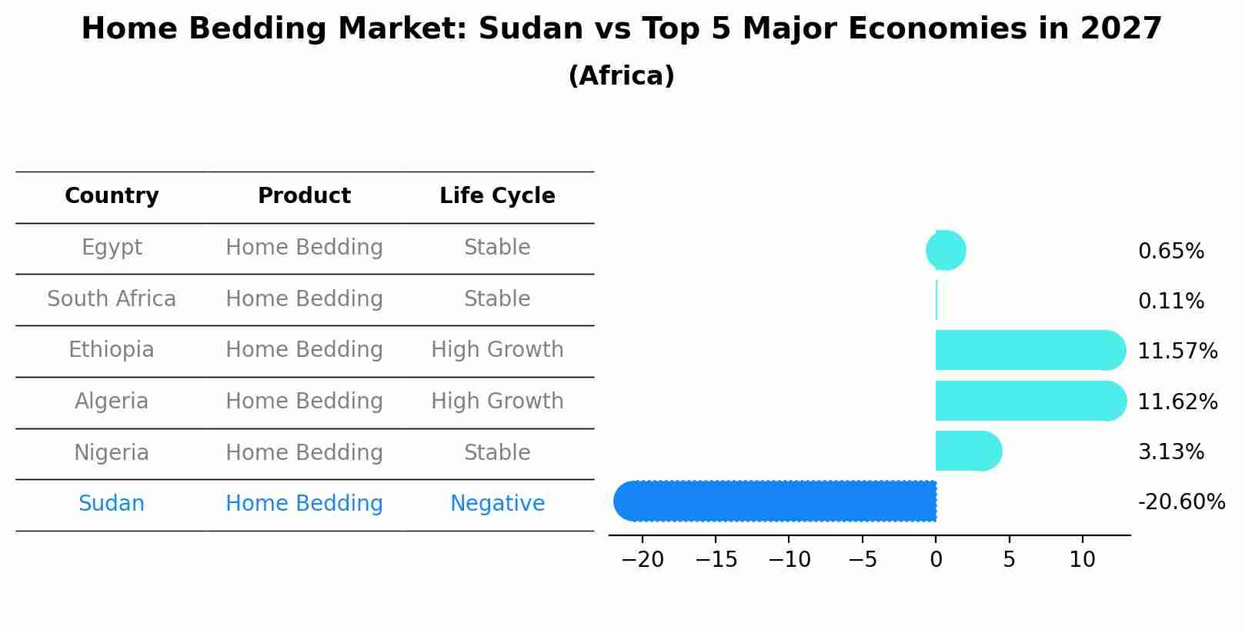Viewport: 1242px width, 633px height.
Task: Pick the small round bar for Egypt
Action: point(946,251)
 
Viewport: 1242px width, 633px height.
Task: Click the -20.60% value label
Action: point(1181,502)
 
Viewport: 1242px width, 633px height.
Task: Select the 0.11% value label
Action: point(1170,302)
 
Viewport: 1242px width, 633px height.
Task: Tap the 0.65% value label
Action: point(1170,252)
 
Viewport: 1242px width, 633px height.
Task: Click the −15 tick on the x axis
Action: point(716,560)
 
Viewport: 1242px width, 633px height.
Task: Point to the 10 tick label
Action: point(1082,560)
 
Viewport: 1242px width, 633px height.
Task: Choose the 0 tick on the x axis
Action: point(936,560)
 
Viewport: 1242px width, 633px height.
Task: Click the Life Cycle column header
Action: point(497,196)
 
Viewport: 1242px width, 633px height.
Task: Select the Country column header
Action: point(112,196)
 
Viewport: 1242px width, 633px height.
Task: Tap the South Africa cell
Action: point(112,298)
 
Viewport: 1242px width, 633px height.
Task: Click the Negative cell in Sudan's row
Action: point(497,504)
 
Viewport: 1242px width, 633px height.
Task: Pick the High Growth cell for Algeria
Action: point(497,401)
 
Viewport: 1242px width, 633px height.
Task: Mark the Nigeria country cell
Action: point(112,452)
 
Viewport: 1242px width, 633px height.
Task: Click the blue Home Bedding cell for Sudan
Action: point(304,504)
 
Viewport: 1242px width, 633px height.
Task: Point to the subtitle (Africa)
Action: point(621,76)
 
